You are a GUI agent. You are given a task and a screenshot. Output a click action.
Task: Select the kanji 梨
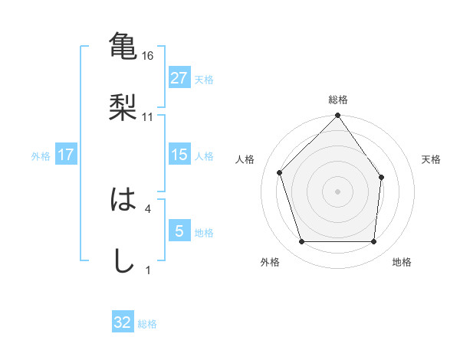123,106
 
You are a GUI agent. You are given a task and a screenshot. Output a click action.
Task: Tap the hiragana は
123,200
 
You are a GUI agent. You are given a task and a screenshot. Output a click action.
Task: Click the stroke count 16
149,56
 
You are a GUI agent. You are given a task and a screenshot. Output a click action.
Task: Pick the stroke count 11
149,117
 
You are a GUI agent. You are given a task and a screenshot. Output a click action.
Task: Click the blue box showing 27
179,78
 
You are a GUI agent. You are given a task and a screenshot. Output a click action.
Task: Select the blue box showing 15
179,155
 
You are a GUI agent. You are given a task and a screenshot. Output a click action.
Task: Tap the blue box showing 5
179,231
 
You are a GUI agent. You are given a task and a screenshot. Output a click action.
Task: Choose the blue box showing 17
66,155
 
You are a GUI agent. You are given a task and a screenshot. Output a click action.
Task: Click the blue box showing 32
123,322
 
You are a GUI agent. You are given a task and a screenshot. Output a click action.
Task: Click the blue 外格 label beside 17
41,156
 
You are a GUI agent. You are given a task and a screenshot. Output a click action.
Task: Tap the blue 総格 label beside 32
147,324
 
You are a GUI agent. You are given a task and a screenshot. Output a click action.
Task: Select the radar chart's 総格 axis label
338,100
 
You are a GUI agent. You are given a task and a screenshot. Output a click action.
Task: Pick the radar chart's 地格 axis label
402,262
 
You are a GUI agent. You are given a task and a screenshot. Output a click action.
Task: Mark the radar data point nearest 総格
338,117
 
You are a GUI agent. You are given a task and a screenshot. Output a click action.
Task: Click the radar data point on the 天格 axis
381,177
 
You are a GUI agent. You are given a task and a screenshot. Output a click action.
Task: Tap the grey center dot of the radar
338,191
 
